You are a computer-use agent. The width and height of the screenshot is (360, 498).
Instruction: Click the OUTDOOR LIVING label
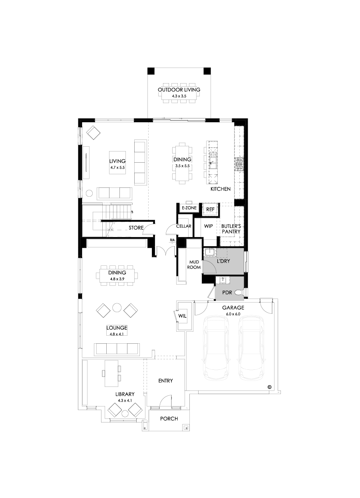(x=179, y=90)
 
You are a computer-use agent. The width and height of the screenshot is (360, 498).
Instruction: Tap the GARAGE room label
(x=233, y=308)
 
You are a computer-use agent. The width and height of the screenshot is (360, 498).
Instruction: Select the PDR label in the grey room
(x=227, y=293)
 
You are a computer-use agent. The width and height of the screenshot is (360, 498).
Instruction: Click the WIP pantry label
(x=208, y=226)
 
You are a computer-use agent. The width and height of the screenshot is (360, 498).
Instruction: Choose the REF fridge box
(x=211, y=209)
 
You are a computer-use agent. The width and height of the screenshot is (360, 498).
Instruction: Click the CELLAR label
(x=184, y=226)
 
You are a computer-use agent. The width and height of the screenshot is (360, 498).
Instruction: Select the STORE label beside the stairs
(x=136, y=228)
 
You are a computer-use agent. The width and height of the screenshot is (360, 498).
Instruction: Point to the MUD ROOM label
(x=195, y=265)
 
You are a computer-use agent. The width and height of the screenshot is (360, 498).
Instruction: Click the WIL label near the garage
(x=183, y=316)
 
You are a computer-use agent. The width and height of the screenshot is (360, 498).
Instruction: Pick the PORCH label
(x=169, y=419)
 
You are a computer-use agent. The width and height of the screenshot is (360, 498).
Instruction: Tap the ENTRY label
(x=165, y=380)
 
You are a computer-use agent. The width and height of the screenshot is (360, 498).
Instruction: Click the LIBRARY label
(x=125, y=394)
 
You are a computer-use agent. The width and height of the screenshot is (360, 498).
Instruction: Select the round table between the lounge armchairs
(x=117, y=307)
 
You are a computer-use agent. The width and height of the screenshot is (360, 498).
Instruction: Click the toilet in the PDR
(x=239, y=293)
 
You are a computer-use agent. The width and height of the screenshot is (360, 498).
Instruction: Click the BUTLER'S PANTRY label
(x=231, y=229)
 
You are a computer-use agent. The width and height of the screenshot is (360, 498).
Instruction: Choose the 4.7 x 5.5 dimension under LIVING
(x=117, y=168)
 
